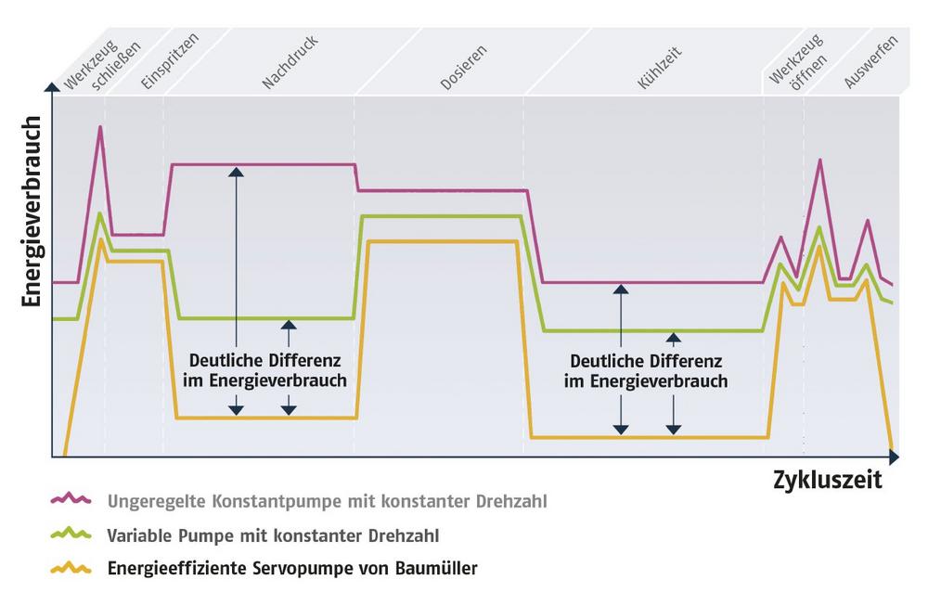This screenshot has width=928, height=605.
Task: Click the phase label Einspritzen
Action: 170,61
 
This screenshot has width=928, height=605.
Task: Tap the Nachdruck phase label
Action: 290,61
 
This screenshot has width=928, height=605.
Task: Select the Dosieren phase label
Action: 463,67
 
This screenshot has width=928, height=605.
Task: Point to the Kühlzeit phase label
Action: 659,68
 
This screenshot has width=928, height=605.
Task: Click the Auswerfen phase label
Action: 870,61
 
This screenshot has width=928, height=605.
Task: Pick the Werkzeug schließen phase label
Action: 102,65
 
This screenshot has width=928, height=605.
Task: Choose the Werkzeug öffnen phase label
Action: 798,61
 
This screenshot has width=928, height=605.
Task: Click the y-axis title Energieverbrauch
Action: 32,212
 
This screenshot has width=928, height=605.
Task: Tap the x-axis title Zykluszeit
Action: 828,480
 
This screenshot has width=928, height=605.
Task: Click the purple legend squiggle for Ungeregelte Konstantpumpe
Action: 71,498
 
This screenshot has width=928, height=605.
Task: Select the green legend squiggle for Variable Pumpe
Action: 71,533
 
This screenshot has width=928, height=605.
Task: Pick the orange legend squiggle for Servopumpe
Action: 71,567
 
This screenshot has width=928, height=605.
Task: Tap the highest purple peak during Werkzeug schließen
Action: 100,127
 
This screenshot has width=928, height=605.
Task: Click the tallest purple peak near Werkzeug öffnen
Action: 819,160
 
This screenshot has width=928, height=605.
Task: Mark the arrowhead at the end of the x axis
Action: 895,457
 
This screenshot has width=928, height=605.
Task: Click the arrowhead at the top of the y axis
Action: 52,87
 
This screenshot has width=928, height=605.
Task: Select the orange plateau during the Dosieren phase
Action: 442,241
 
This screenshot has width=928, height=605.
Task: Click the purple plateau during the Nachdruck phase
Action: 263,164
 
